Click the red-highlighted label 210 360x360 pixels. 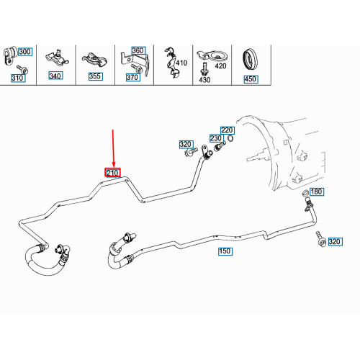point(113,173)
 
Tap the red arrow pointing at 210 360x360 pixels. point(113,148)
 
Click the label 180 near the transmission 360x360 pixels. point(318,192)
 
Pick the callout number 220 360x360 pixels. point(228,130)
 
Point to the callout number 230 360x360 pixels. point(215,138)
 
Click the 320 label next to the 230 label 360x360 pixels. point(186,145)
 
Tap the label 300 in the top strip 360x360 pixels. point(25,52)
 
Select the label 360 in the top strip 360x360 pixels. point(138,51)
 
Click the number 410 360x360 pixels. point(181,63)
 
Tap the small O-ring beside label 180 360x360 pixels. point(305,194)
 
